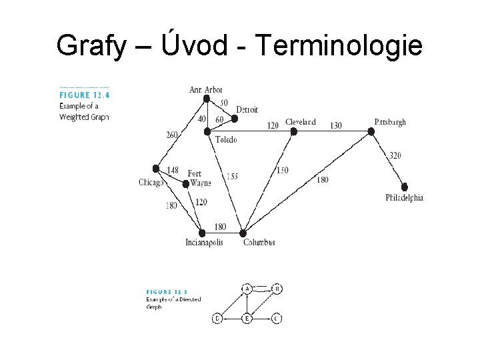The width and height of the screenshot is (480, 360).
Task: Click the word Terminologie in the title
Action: pos(338,45)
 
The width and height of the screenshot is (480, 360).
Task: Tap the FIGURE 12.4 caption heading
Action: pos(85,95)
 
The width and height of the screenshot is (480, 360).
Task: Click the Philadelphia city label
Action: pos(404,198)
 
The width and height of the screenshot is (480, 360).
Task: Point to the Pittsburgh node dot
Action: pos(371,131)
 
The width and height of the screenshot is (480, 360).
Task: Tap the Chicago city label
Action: pos(151,183)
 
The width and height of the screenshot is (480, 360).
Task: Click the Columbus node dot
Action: pos(244,233)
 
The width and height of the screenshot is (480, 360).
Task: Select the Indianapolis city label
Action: pos(204,243)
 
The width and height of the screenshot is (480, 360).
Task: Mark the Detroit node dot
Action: pos(234,119)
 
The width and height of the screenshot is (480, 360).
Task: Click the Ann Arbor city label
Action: pos(206,89)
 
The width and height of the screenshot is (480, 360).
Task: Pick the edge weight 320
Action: pos(395,156)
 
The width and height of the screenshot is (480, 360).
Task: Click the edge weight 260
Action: pos(172,135)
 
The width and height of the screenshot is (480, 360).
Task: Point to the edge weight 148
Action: pos(173,171)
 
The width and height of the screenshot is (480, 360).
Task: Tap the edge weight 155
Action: pos(231,177)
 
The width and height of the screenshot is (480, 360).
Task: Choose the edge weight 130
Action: pos(335,125)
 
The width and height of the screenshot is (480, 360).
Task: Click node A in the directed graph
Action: pos(247,289)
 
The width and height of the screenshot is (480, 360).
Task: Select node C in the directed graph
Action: pos(277,319)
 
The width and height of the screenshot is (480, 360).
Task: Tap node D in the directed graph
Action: pos(217,319)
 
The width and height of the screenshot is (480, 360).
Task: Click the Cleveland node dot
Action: pos(293,131)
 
